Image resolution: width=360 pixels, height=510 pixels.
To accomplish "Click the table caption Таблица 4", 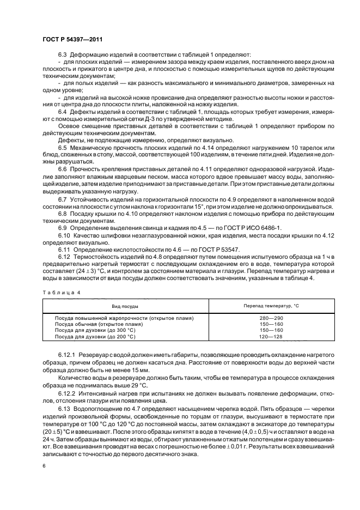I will coord(62,293).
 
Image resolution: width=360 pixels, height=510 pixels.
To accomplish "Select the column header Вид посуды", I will coord(125,306).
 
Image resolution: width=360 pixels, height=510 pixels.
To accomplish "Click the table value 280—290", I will coord(271,318).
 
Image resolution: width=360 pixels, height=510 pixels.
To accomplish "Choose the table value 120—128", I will coord(271,336).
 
